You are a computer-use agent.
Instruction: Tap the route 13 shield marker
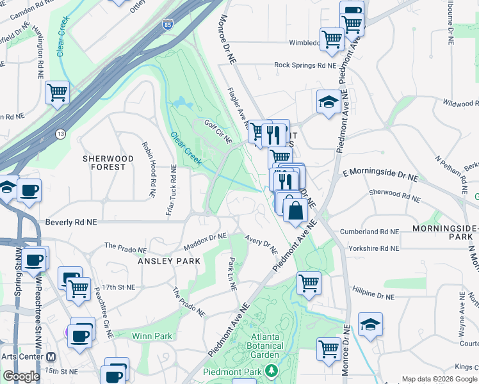[x=60, y=134]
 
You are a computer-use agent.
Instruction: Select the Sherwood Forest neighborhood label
[x=108, y=163]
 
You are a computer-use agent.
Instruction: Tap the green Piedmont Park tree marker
[x=272, y=371]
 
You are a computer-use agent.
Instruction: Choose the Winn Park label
[x=152, y=336]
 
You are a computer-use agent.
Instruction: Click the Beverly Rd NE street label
[x=71, y=223]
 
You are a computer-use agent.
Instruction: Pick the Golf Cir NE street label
[x=218, y=131]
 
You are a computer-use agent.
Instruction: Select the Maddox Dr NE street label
[x=206, y=241]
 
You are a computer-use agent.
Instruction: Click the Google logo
[x=22, y=376]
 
